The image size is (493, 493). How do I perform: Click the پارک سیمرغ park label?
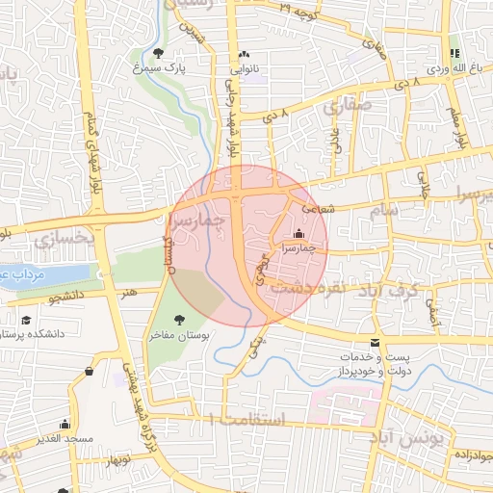(159, 69)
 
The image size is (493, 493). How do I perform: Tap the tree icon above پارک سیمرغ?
(158, 53)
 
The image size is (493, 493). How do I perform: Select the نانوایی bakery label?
(243, 69)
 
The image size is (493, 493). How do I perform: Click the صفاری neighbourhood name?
(347, 109)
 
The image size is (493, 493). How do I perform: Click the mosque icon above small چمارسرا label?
(298, 233)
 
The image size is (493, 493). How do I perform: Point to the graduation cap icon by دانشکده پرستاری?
(25, 321)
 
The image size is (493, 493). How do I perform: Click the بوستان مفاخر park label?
(179, 336)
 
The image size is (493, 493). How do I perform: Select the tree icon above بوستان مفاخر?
(178, 320)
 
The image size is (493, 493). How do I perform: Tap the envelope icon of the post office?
(375, 343)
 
